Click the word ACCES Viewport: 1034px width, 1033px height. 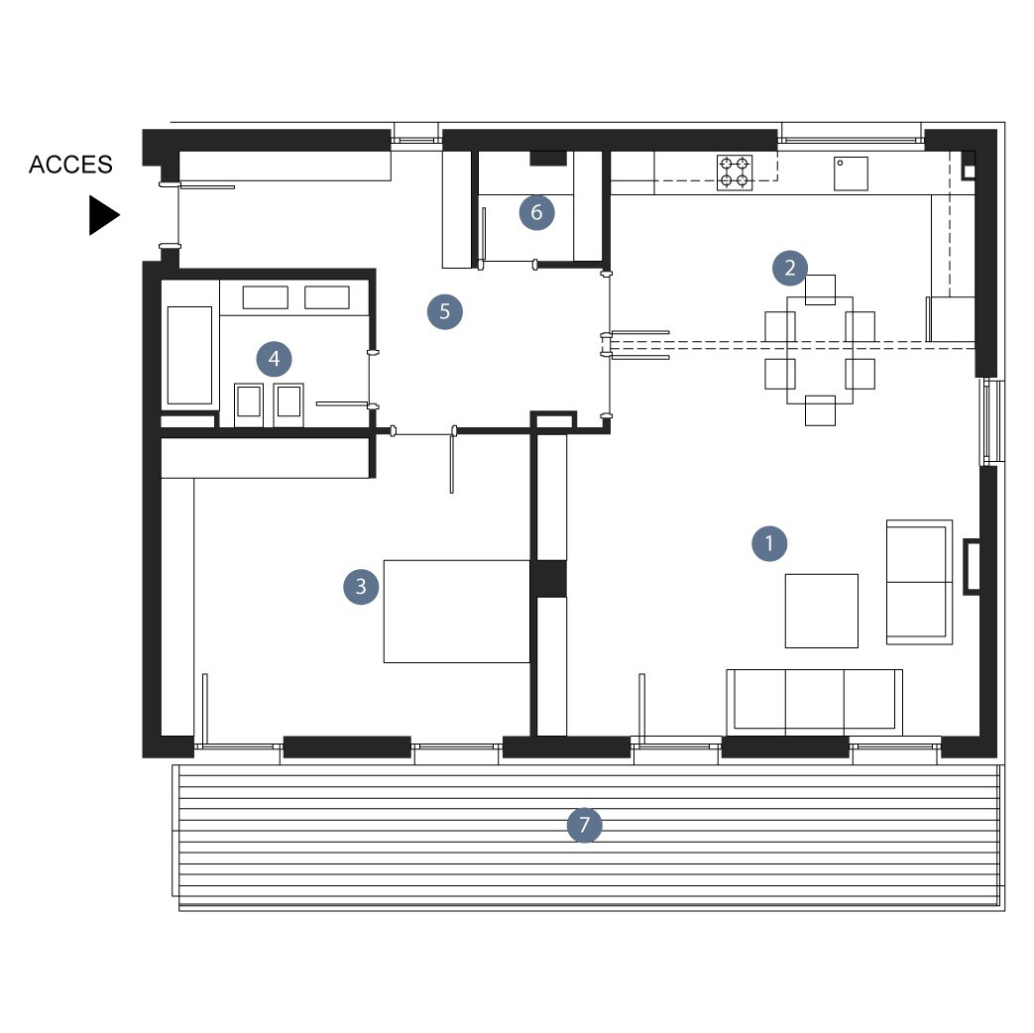[70, 165]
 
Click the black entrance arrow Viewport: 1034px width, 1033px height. [104, 215]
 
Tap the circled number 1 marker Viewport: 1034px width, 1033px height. [769, 543]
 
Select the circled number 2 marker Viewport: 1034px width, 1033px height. [789, 268]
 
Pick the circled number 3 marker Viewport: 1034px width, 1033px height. [361, 587]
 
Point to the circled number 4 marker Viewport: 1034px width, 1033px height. [274, 359]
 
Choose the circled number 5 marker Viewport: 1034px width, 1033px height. [444, 311]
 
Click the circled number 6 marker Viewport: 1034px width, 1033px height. [536, 212]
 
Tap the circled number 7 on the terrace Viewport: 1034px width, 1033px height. [584, 825]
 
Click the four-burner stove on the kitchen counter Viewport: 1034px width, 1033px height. [735, 172]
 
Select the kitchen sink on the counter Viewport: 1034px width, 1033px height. [851, 173]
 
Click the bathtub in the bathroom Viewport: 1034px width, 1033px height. [190, 355]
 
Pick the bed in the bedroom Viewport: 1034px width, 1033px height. [456, 612]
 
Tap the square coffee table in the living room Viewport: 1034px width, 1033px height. [821, 611]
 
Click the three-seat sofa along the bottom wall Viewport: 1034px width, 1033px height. [814, 703]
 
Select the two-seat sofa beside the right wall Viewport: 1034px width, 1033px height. [919, 582]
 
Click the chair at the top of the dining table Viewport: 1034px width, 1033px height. [820, 289]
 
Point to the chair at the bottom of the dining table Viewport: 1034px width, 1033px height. [820, 410]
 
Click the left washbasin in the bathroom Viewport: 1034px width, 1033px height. [249, 404]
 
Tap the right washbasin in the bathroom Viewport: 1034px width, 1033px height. [288, 404]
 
